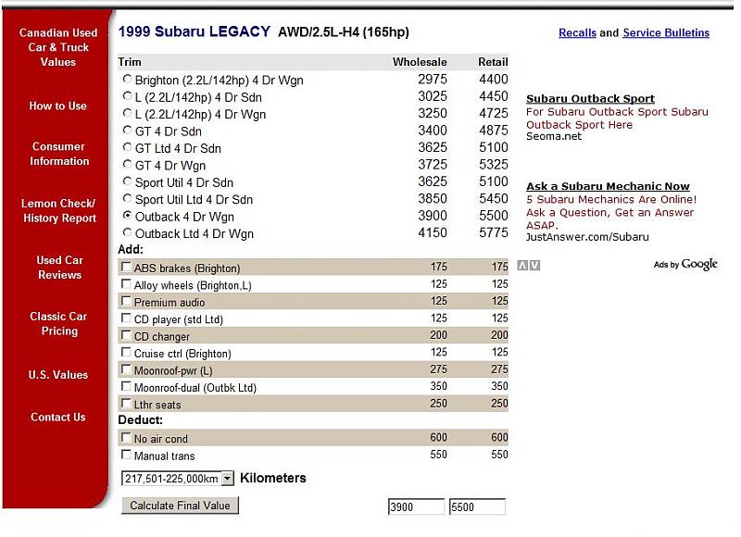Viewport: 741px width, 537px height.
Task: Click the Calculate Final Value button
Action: (x=181, y=506)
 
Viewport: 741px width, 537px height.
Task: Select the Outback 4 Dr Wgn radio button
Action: (x=128, y=216)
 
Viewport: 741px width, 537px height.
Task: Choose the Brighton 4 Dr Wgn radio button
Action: (x=128, y=80)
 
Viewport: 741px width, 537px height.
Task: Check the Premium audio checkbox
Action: (x=126, y=302)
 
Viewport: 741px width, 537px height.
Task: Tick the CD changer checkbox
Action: (x=126, y=336)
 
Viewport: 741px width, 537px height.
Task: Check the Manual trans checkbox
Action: (x=126, y=455)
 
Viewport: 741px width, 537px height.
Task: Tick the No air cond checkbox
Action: (x=126, y=438)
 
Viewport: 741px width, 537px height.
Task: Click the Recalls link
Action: (x=577, y=32)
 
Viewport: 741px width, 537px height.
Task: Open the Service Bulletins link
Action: (x=666, y=32)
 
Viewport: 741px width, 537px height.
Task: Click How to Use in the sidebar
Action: (x=57, y=106)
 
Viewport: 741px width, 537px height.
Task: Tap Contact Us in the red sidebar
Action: (x=57, y=417)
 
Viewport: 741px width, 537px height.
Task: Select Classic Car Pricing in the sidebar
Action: (x=58, y=323)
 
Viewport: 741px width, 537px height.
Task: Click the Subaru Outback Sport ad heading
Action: (x=590, y=98)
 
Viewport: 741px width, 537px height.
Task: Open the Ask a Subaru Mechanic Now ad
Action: (x=608, y=186)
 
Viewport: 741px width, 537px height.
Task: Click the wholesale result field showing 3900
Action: (x=415, y=507)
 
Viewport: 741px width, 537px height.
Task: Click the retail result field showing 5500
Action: (x=477, y=507)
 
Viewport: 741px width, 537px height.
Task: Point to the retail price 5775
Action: (x=493, y=233)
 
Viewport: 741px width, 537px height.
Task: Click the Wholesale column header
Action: (x=420, y=62)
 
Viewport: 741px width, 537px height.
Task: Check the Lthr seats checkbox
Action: (x=126, y=404)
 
